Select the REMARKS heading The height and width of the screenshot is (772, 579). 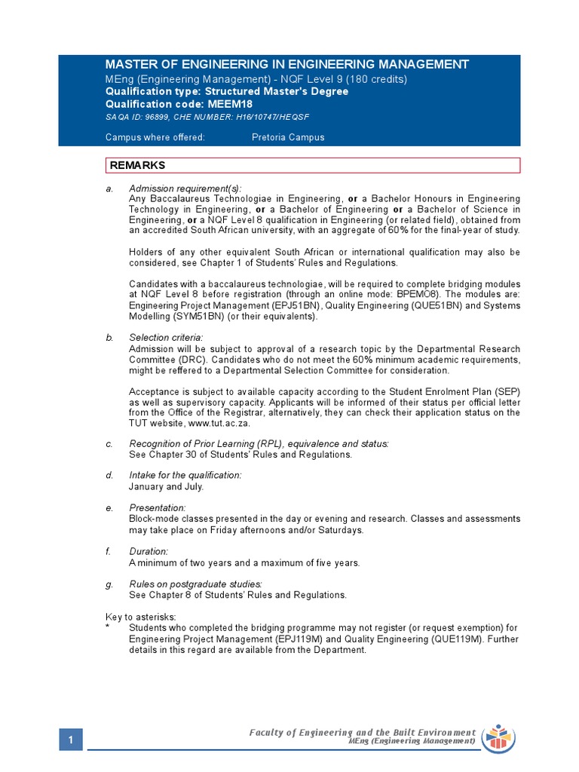[x=138, y=165]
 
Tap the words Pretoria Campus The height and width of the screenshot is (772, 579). [x=288, y=137]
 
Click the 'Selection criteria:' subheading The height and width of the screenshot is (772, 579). [x=166, y=337]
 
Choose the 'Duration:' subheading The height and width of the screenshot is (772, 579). [x=149, y=552]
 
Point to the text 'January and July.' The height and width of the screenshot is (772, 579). [x=166, y=486]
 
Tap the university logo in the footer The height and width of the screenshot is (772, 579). [x=498, y=737]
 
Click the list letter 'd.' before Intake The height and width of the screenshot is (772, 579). [x=110, y=476]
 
